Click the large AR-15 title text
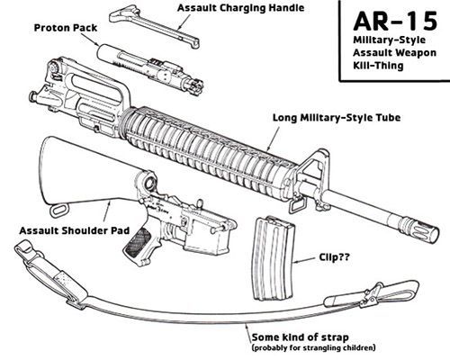(395, 22)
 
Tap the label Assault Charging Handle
(241, 8)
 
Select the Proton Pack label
(66, 28)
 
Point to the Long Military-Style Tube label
(337, 117)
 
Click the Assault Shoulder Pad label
(75, 230)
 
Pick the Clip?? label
(334, 257)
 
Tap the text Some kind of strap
(300, 337)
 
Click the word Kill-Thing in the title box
(378, 66)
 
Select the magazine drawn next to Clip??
(274, 259)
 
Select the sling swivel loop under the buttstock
(59, 210)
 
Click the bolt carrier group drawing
(151, 67)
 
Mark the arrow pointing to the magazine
(304, 260)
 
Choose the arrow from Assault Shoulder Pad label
(106, 211)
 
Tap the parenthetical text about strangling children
(313, 348)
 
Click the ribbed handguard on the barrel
(210, 150)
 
